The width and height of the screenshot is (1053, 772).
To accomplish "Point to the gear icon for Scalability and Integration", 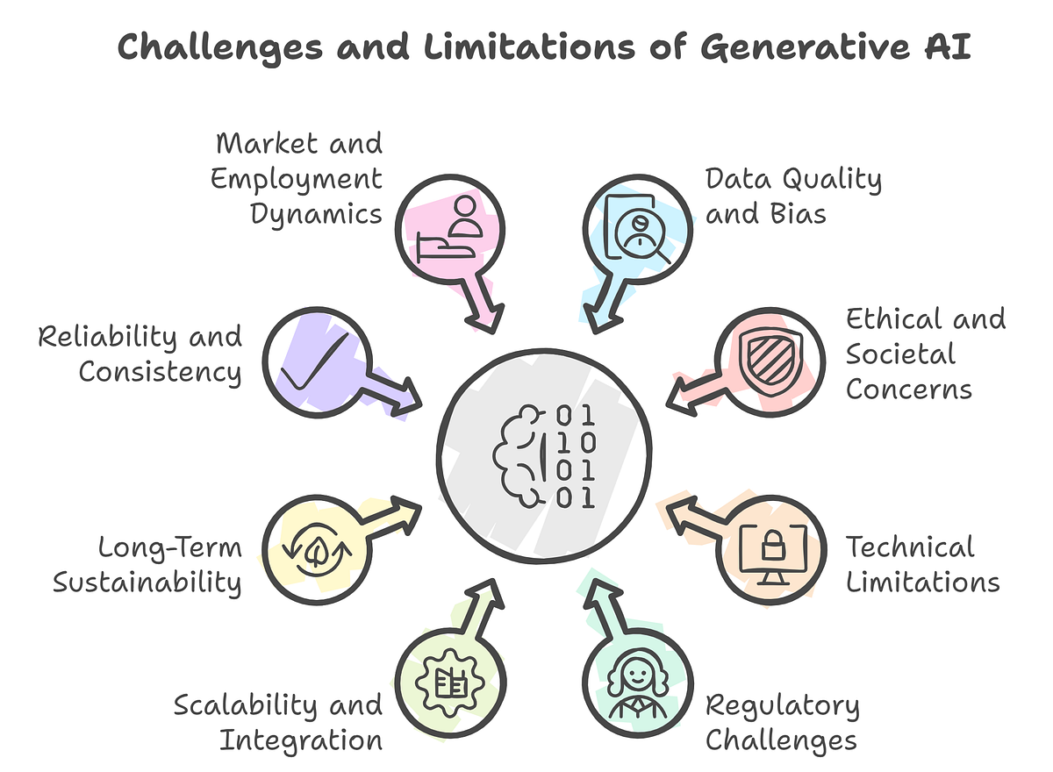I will pos(450,683).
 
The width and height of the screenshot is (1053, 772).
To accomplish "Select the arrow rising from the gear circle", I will pos(473,615).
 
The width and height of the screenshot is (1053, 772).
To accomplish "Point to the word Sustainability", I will pos(147,583).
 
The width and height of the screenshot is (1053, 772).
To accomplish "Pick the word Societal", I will pos(900,354).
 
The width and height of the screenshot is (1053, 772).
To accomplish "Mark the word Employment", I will pos(297,179).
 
